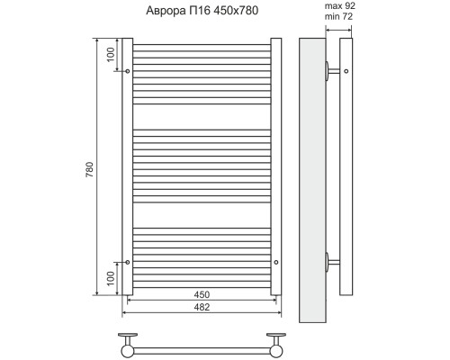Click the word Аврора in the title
[x=166, y=11]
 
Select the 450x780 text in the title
[x=236, y=11]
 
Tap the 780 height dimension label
[x=90, y=169]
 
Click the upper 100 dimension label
[x=111, y=55]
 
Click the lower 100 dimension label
[x=111, y=278]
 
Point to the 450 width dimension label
[x=202, y=294]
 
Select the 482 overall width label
[x=202, y=307]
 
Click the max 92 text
[x=340, y=5]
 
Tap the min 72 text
[x=338, y=16]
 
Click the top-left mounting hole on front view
[x=128, y=71]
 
